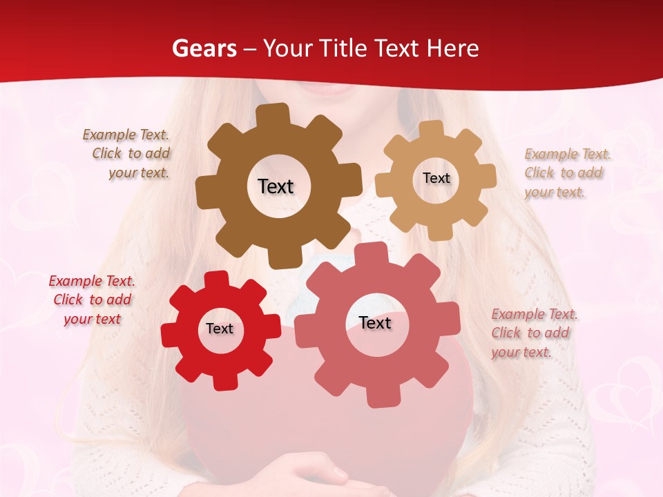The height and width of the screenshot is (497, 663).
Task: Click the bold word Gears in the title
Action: (x=204, y=48)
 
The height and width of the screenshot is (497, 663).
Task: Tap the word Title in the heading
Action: (x=342, y=48)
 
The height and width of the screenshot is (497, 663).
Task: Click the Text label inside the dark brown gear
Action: (x=276, y=186)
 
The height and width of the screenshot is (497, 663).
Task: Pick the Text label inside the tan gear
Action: (x=436, y=178)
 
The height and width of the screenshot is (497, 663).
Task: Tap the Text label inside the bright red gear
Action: (x=219, y=329)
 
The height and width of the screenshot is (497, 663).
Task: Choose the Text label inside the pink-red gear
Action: (x=375, y=323)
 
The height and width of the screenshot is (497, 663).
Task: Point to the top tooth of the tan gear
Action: (x=431, y=129)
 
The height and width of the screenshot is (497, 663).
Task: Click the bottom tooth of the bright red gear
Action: (x=224, y=381)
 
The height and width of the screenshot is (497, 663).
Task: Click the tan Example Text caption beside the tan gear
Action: (x=566, y=173)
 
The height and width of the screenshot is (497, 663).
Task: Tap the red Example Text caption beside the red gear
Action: (x=92, y=300)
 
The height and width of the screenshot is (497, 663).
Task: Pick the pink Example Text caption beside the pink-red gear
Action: (x=533, y=333)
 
